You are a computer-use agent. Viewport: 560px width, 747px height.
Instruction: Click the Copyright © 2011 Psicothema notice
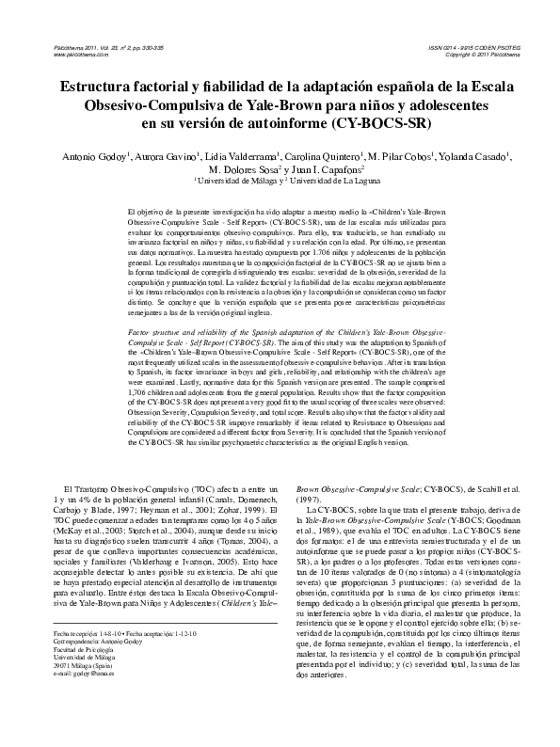coord(467,56)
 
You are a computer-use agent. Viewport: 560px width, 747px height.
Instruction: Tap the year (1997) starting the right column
coord(310,500)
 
